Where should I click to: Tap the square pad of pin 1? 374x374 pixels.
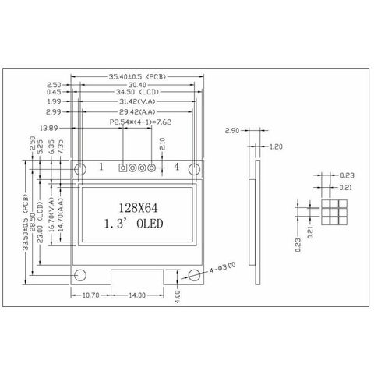(x=122, y=167)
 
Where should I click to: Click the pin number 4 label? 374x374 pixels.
(x=176, y=167)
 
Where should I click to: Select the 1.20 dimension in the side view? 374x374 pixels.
(x=275, y=146)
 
